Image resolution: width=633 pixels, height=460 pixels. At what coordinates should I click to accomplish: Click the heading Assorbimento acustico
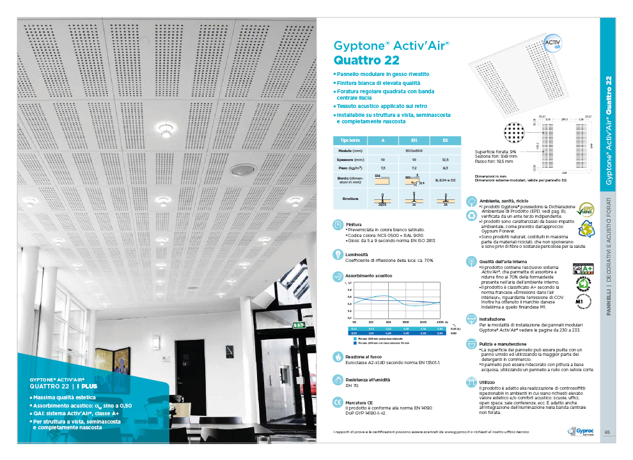pyautogui.click(x=369, y=276)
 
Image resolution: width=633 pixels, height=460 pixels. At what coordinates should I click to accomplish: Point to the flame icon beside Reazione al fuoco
pyautogui.click(x=338, y=355)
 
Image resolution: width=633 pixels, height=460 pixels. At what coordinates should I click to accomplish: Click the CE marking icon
pyautogui.click(x=338, y=402)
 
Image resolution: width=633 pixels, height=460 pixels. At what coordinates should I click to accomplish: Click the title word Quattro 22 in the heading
pyautogui.click(x=366, y=61)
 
